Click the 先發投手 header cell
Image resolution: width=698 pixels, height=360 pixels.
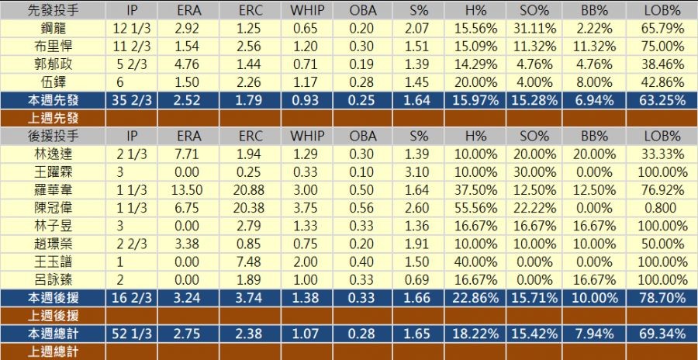(53, 10)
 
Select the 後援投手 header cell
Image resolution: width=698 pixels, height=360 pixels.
(53, 135)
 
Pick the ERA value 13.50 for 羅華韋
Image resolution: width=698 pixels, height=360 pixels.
(186, 189)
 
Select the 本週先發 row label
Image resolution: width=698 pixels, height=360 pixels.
(53, 99)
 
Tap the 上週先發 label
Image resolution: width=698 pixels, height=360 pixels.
(53, 118)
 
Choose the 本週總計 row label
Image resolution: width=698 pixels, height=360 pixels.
(53, 334)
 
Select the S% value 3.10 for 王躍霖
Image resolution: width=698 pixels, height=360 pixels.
(418, 171)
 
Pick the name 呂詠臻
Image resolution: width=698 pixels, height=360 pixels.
(53, 279)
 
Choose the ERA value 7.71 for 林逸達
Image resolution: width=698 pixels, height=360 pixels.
(186, 154)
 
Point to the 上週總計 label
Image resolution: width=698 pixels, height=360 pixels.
(53, 351)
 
